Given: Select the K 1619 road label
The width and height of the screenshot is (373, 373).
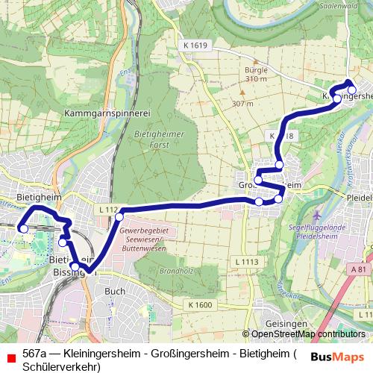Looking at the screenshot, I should (x=194, y=46).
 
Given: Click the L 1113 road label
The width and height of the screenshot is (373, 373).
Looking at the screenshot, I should (x=245, y=260).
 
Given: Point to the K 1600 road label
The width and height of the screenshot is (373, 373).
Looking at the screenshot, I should (x=200, y=304).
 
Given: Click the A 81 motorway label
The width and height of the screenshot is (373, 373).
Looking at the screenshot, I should (x=361, y=269).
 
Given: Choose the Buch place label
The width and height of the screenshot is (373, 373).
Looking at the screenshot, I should (x=115, y=291).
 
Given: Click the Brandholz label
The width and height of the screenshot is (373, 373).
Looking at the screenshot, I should (x=172, y=272).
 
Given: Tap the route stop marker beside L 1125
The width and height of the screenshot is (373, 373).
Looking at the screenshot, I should (x=119, y=216).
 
